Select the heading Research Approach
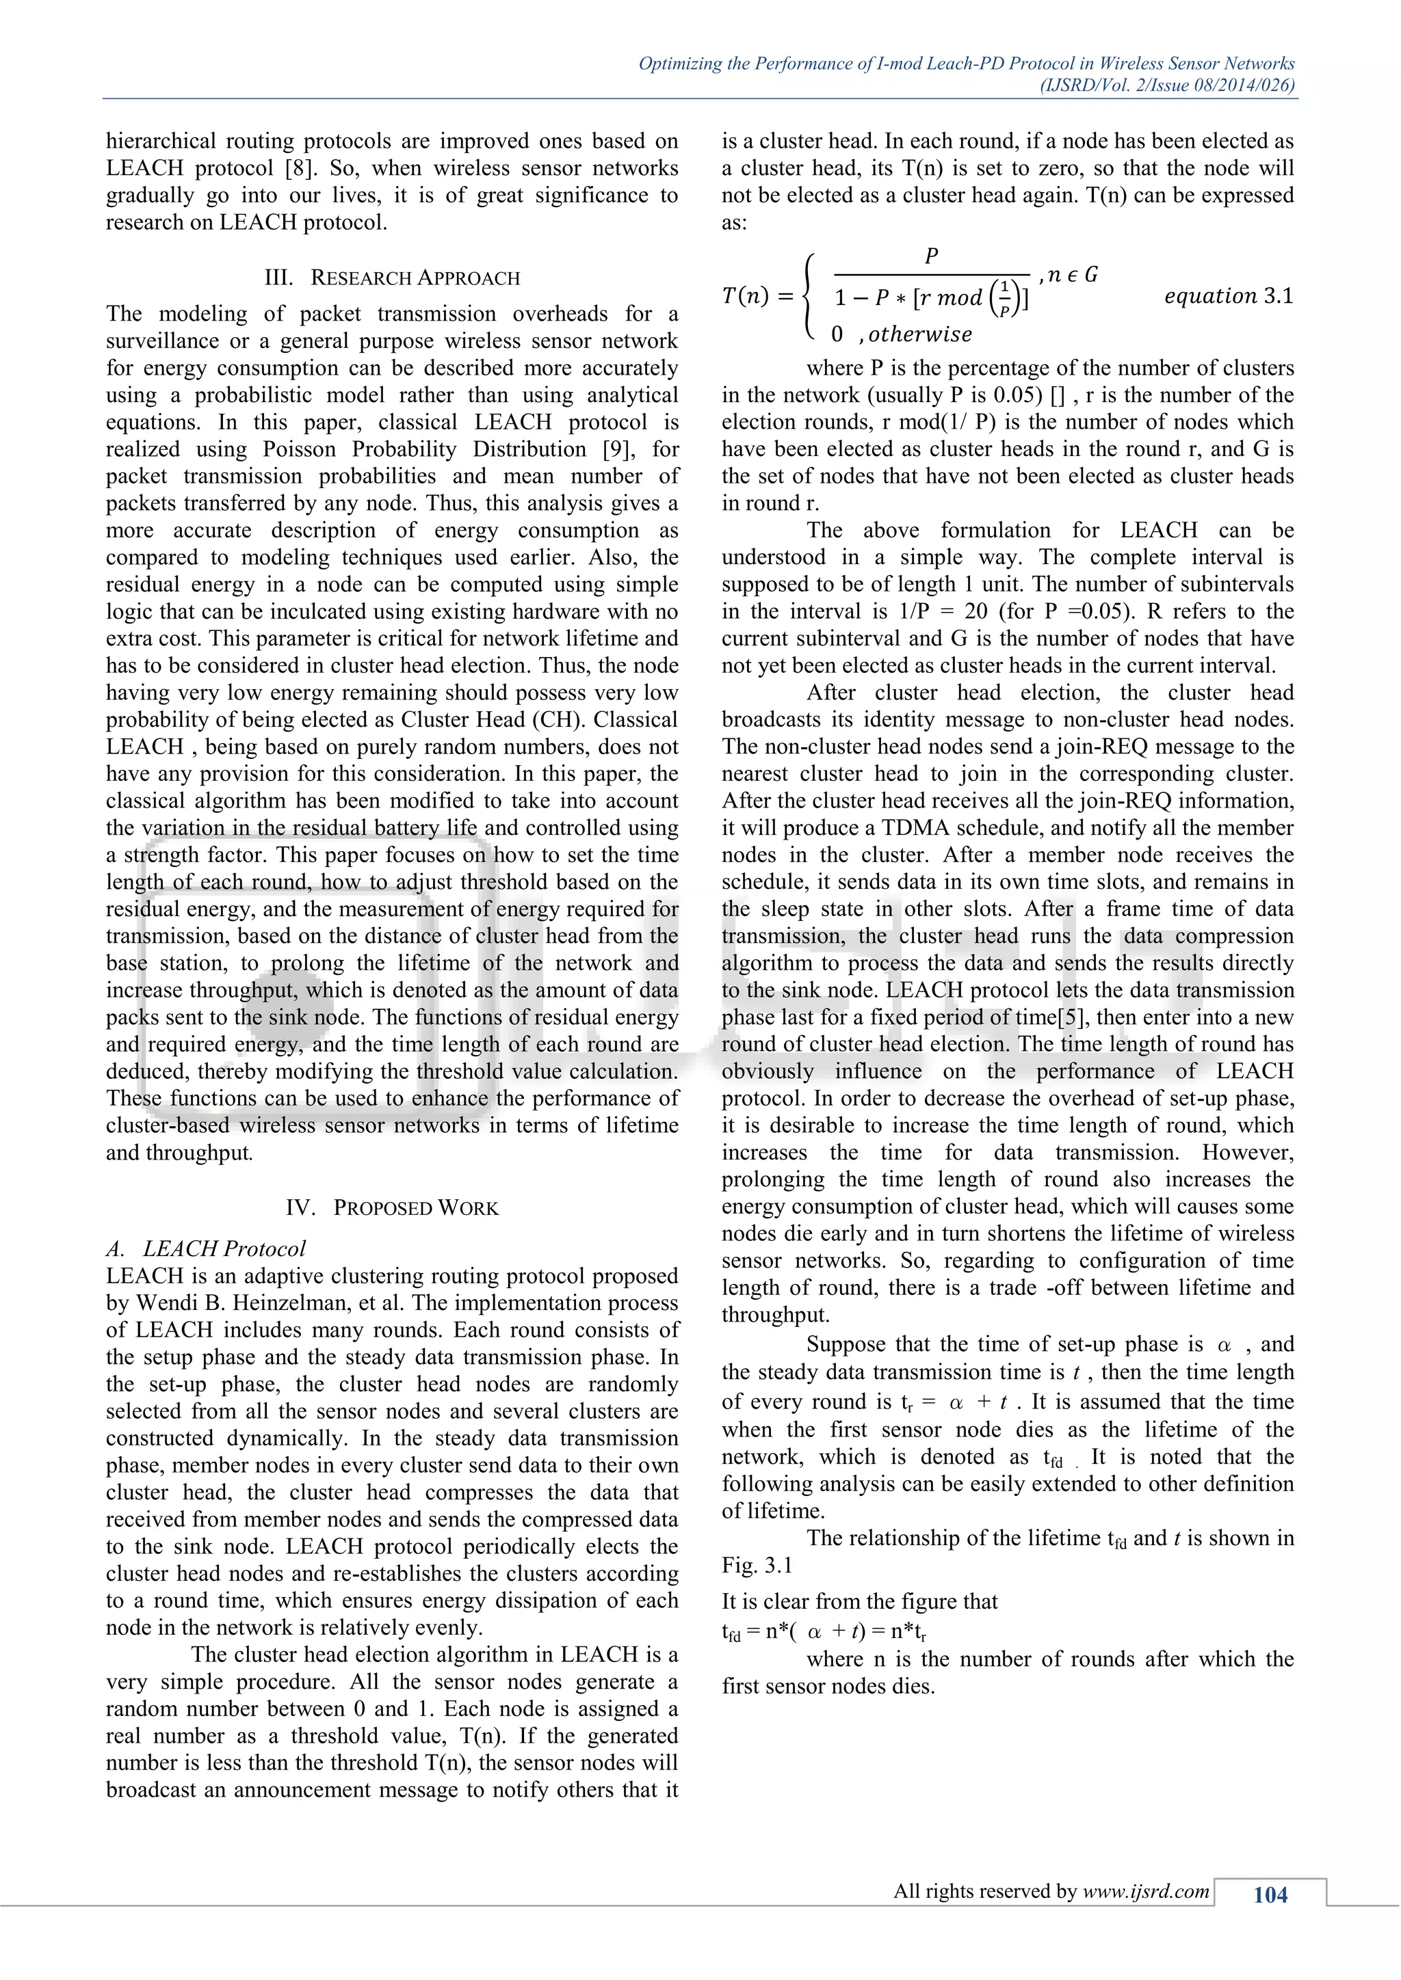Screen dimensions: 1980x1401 click(415, 278)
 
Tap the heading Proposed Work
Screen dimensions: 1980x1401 click(415, 1207)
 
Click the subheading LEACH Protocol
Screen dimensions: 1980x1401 click(224, 1248)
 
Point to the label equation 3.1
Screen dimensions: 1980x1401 click(1228, 297)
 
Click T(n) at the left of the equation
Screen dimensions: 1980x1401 click(746, 297)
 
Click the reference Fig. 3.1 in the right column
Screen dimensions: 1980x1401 click(757, 1565)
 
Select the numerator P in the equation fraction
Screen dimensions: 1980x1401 click(931, 256)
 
